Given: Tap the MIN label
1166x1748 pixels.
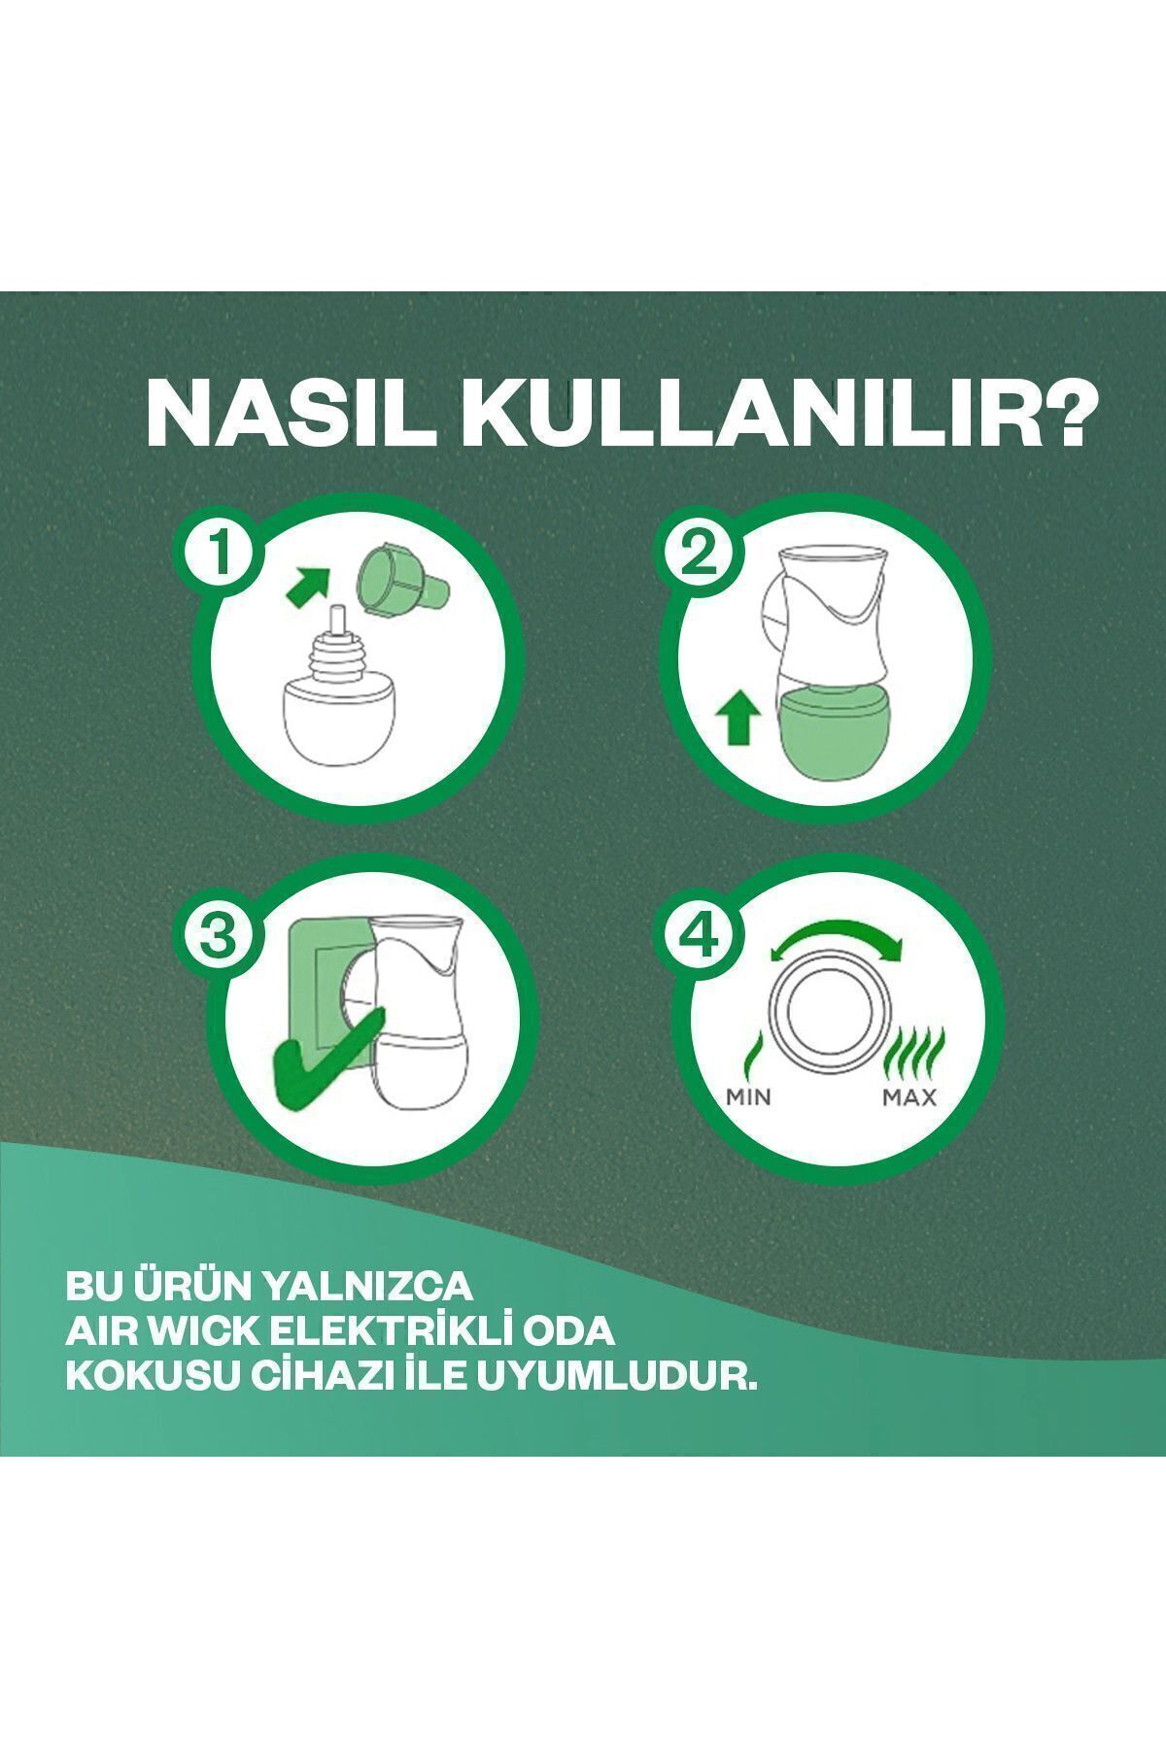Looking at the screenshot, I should [748, 1098].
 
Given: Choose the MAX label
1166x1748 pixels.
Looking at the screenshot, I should [909, 1098].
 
